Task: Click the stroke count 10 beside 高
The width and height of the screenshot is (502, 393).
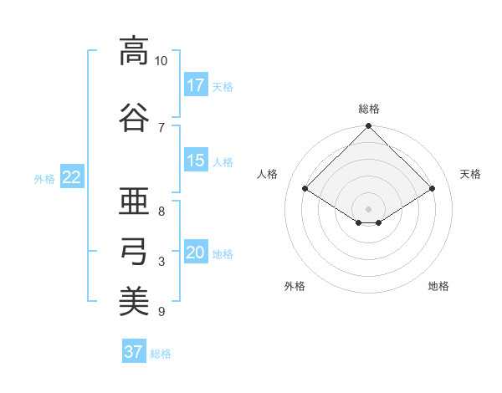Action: [161, 61]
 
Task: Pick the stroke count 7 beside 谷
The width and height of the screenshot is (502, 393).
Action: [161, 127]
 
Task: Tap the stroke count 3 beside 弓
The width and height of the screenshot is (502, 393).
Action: [161, 262]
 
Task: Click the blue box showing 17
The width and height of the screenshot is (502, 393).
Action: [196, 85]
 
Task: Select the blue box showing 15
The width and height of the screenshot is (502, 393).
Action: [196, 161]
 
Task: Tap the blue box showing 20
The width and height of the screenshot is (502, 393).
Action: [196, 253]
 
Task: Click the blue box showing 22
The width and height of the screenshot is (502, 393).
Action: [72, 177]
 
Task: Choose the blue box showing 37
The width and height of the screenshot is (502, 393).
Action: [134, 352]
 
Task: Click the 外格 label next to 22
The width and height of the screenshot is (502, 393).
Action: [44, 178]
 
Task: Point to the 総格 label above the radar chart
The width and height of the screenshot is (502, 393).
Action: [369, 109]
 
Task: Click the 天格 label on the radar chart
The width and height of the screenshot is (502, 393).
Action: [470, 174]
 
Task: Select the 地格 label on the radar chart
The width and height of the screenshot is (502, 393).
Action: [438, 286]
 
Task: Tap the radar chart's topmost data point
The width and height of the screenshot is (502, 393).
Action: [368, 127]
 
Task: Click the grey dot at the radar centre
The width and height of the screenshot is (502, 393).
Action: [368, 207]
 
